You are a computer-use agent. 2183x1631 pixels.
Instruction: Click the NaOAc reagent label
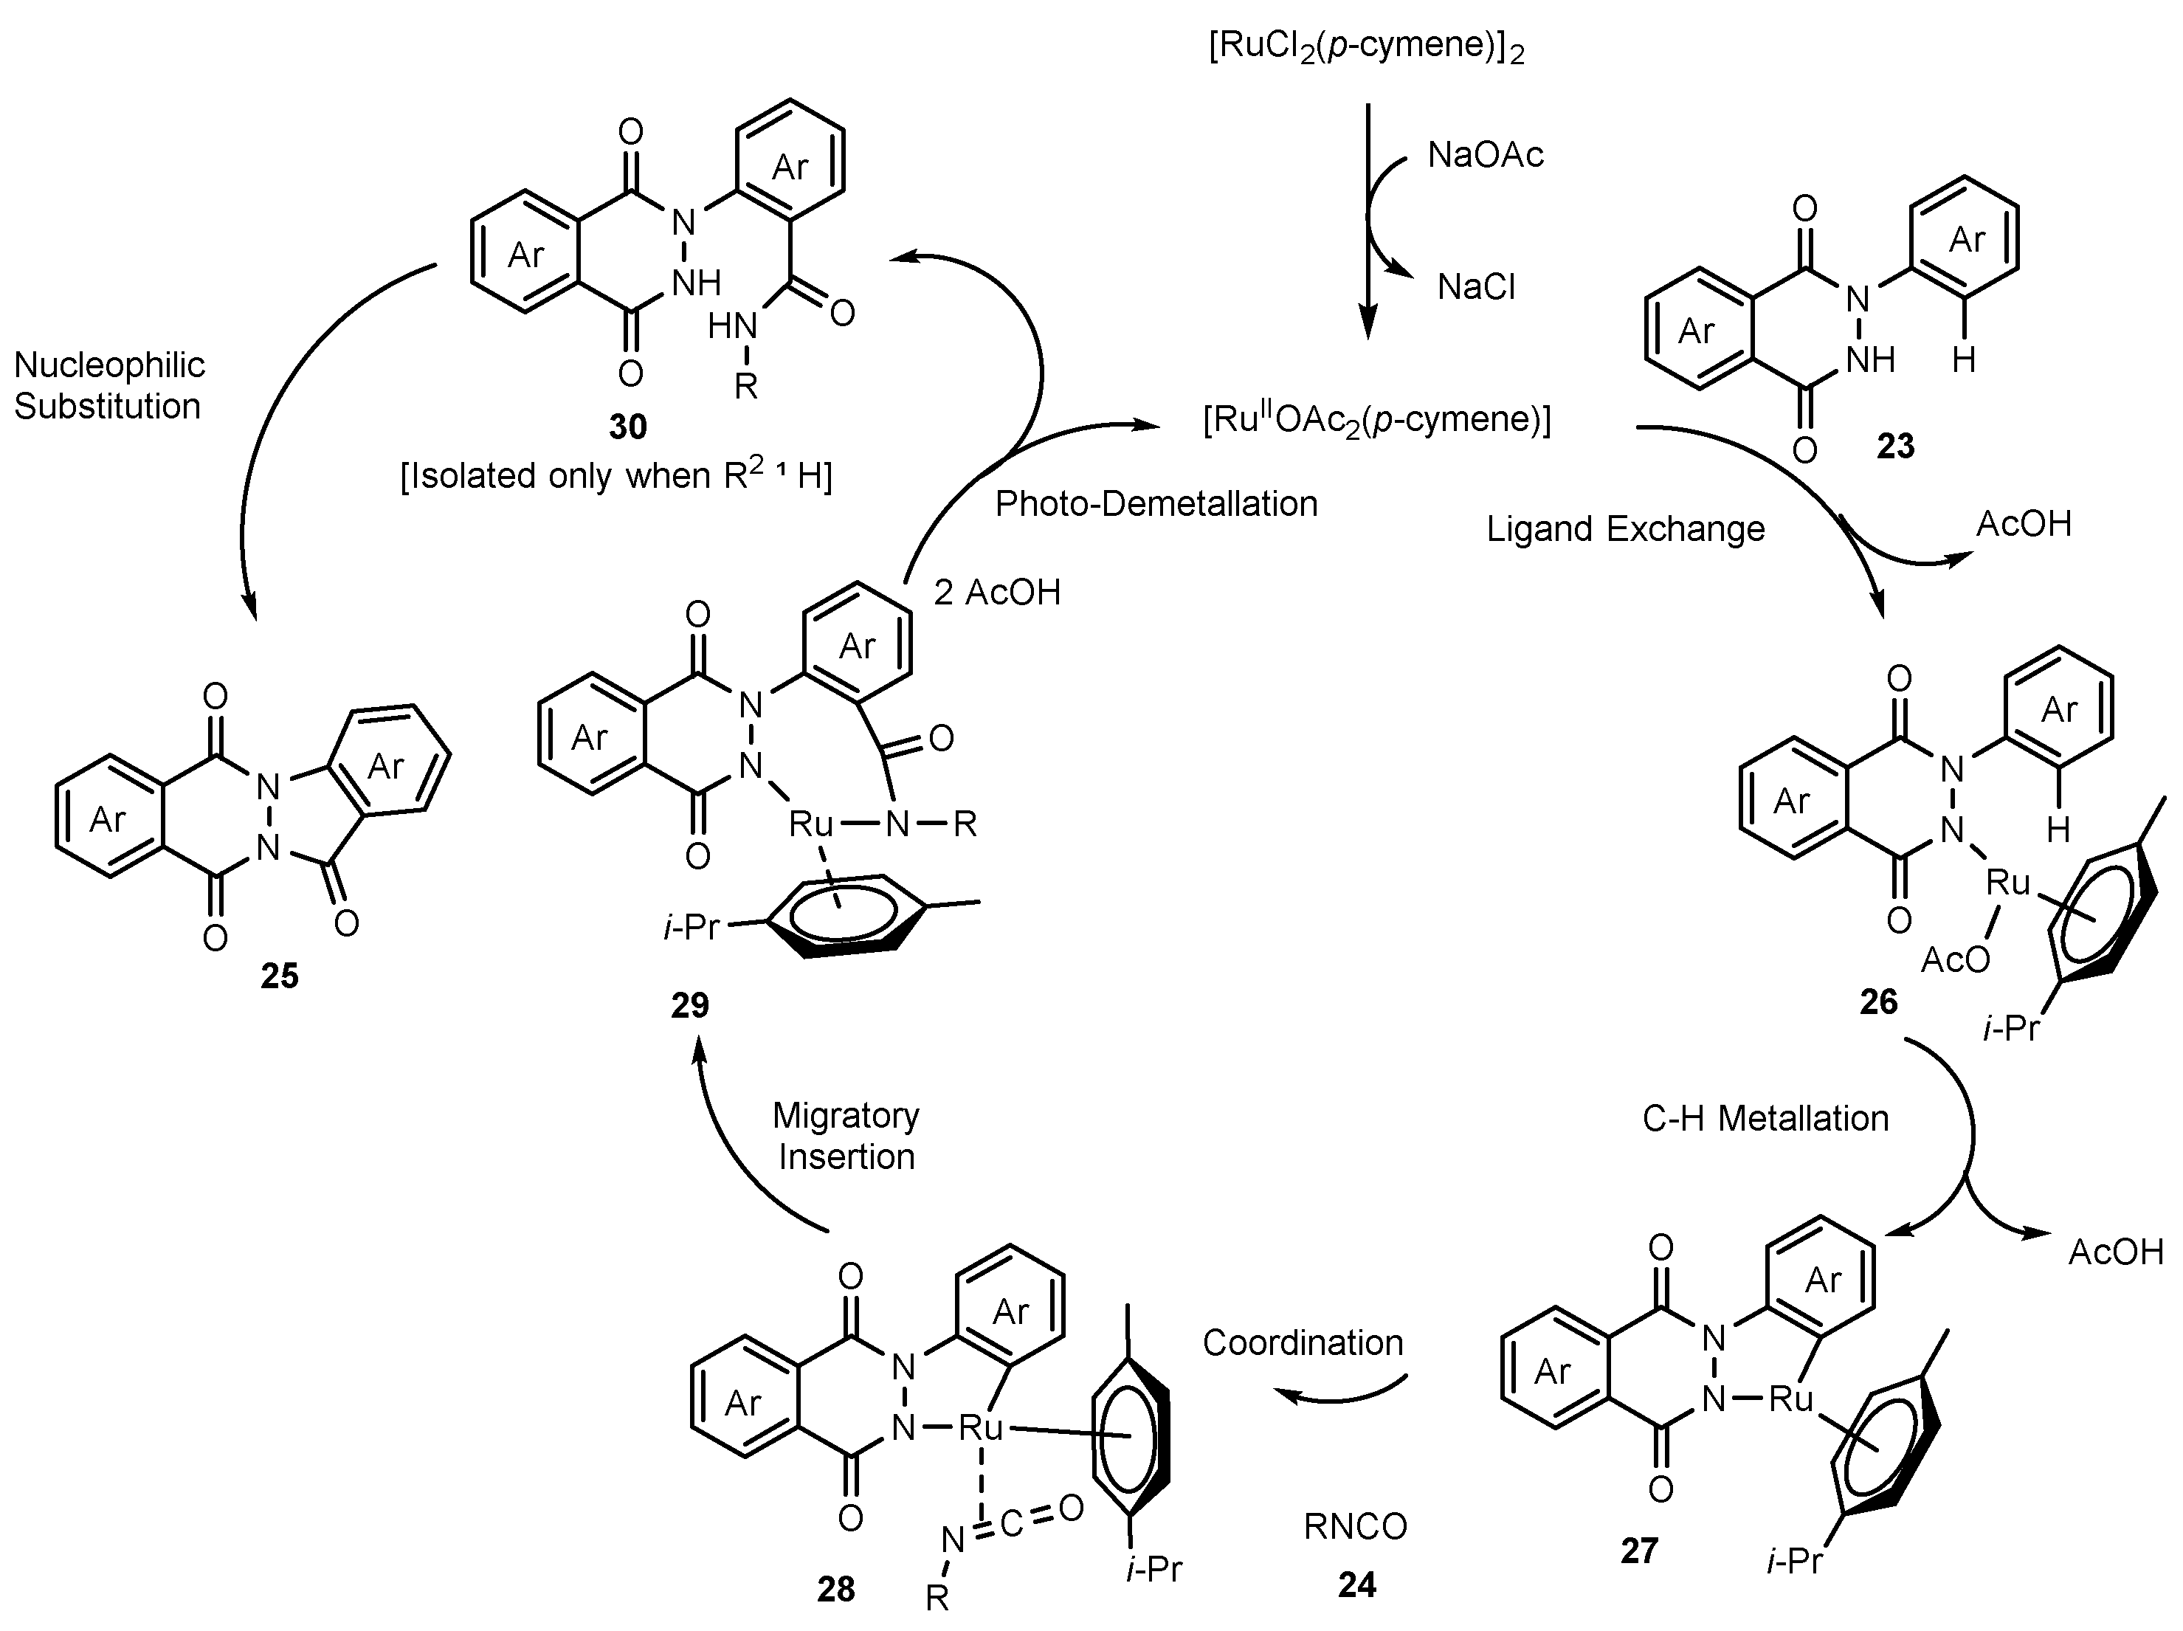(1486, 155)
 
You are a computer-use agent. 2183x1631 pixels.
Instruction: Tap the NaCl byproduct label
(1477, 287)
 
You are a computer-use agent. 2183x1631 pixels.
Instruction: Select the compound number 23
(1895, 446)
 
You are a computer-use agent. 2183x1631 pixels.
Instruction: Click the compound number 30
(627, 427)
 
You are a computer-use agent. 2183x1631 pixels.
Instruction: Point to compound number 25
(279, 976)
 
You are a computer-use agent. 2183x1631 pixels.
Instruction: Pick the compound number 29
(690, 1005)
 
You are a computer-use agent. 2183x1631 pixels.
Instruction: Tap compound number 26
(1878, 1001)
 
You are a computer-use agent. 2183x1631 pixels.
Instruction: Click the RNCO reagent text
(1355, 1526)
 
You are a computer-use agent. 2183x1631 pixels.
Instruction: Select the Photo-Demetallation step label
(1156, 504)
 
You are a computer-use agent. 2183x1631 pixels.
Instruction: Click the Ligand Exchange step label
(1625, 530)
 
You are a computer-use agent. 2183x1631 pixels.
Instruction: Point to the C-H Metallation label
(1765, 1118)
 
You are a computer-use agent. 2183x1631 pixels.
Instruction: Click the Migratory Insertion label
(846, 1136)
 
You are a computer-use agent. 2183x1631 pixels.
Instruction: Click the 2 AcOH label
(997, 592)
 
